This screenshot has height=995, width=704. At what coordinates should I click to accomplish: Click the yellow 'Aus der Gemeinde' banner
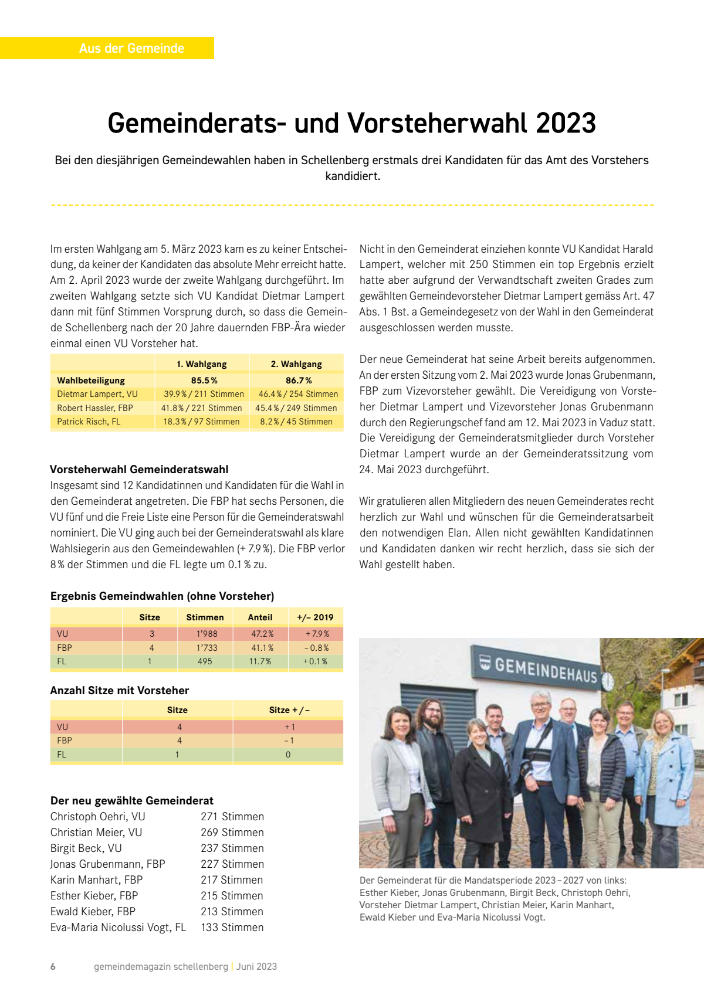pyautogui.click(x=131, y=48)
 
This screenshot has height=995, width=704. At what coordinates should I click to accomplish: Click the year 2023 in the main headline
pyautogui.click(x=566, y=123)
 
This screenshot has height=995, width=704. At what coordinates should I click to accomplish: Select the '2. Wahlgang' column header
pyautogui.click(x=296, y=364)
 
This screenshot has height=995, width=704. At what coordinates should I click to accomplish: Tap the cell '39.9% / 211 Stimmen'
pyautogui.click(x=204, y=394)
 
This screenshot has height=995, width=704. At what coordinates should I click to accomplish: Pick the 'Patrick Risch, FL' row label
pyautogui.click(x=89, y=422)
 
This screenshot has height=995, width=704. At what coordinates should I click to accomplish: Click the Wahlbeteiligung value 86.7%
pyautogui.click(x=299, y=381)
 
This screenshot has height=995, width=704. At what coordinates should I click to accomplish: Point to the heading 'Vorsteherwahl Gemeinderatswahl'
pyautogui.click(x=139, y=469)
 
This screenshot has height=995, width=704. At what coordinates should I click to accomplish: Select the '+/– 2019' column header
pyautogui.click(x=315, y=617)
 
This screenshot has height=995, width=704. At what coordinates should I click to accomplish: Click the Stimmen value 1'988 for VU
pyautogui.click(x=207, y=634)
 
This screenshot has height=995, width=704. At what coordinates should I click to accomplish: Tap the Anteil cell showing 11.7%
pyautogui.click(x=260, y=661)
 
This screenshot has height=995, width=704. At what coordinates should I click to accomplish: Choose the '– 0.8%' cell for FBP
pyautogui.click(x=316, y=648)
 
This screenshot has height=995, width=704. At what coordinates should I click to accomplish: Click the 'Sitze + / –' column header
pyautogui.click(x=289, y=710)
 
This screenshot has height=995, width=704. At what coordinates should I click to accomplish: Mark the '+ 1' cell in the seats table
pyautogui.click(x=289, y=727)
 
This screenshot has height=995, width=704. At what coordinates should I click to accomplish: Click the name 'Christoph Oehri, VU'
pyautogui.click(x=97, y=817)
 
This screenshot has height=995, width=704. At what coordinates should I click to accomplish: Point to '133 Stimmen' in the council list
pyautogui.click(x=232, y=928)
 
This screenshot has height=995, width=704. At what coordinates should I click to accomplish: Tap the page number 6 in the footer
pyautogui.click(x=53, y=966)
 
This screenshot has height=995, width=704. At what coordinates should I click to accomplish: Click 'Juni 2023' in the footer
pyautogui.click(x=256, y=966)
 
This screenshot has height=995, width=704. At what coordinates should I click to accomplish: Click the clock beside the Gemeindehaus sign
pyautogui.click(x=608, y=681)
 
